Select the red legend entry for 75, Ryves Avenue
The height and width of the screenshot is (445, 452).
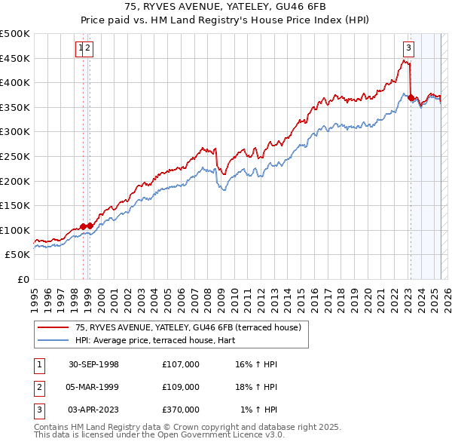(x=188, y=327)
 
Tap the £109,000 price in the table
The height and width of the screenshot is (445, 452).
(x=181, y=387)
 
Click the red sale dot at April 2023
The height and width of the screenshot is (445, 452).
(x=411, y=97)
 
